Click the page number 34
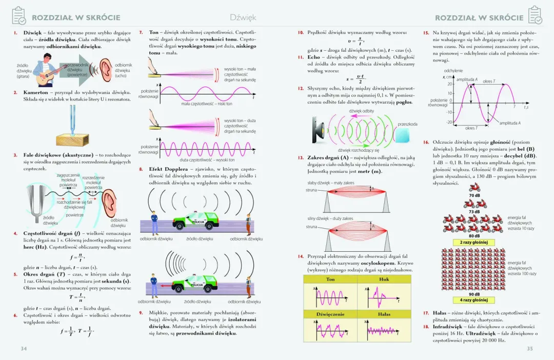click(x=24, y=349)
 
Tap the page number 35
click(x=530, y=349)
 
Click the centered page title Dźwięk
click(x=243, y=17)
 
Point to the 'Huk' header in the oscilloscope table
click(x=384, y=279)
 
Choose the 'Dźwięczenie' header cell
click(x=330, y=314)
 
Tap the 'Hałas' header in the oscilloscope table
click(x=384, y=314)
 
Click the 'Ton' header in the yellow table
click(x=330, y=279)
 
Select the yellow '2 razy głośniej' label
click(x=474, y=242)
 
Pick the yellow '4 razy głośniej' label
click(x=474, y=300)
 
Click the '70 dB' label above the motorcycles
click(x=474, y=196)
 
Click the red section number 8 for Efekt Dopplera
click(x=141, y=169)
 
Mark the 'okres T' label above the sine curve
click(x=489, y=82)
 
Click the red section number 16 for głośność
click(x=426, y=142)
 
